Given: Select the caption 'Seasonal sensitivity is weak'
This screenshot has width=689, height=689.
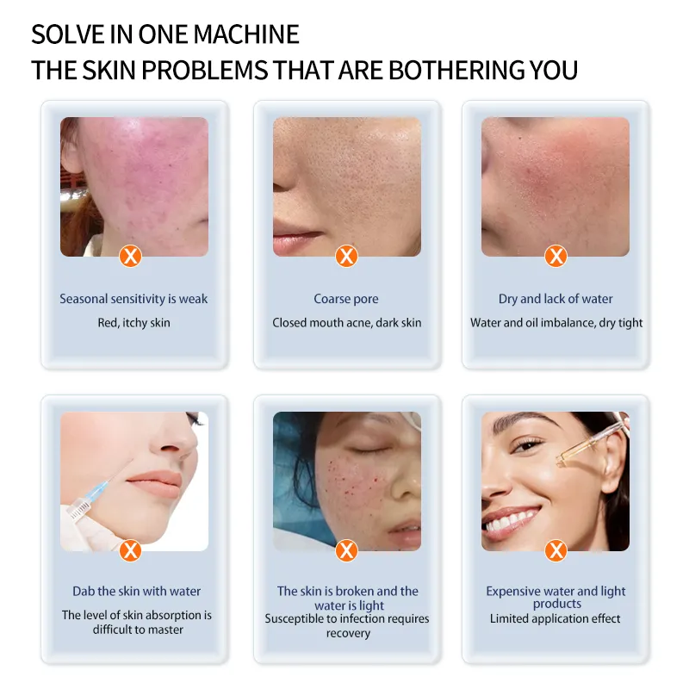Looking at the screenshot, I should pyautogui.click(x=133, y=299).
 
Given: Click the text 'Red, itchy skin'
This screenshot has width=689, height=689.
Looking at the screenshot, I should pyautogui.click(x=133, y=323).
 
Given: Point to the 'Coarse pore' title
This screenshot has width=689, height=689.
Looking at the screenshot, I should pyautogui.click(x=346, y=299).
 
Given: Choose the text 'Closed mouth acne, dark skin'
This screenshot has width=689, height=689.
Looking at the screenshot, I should pyautogui.click(x=346, y=323).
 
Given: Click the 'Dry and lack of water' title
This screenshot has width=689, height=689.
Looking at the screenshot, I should pyautogui.click(x=556, y=299).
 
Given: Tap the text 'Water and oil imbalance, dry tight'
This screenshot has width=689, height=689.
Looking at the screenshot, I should pyautogui.click(x=556, y=323).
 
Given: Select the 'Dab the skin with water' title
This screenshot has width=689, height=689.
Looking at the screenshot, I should pyautogui.click(x=136, y=591).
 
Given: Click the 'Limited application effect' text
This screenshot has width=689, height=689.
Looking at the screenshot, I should pyautogui.click(x=556, y=618).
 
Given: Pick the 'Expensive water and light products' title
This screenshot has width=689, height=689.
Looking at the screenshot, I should pyautogui.click(x=556, y=597).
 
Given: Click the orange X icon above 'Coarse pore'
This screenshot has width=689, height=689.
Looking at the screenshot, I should pyautogui.click(x=346, y=255).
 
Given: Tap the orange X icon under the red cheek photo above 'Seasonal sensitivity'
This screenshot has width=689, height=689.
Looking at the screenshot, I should pyautogui.click(x=130, y=255).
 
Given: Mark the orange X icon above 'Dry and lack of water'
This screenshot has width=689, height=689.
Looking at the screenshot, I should pyautogui.click(x=556, y=255).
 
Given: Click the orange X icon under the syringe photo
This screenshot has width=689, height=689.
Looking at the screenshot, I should pyautogui.click(x=130, y=549).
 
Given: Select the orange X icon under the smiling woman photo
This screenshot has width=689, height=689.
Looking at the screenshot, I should pyautogui.click(x=556, y=549).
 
